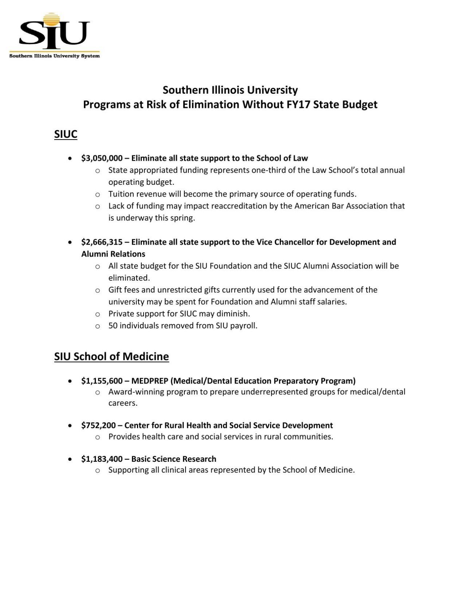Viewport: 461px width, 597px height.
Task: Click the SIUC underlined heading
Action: point(66,134)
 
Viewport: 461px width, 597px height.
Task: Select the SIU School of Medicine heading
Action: point(112,356)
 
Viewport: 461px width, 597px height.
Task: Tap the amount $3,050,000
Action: point(102,158)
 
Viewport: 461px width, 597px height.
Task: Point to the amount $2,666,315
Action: point(102,242)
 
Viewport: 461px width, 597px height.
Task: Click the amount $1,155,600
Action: point(102,381)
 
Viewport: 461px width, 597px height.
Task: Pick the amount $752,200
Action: point(98,425)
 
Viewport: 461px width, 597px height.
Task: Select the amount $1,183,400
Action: point(102,459)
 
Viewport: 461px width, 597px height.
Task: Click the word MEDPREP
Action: point(149,381)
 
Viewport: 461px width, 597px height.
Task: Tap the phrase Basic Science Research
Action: point(173,459)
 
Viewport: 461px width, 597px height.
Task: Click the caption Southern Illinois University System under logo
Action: point(54,56)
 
